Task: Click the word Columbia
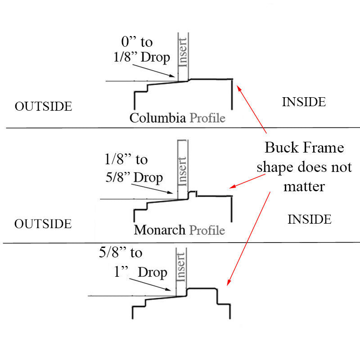[157, 118]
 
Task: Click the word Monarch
[160, 230]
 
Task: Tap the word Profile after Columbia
[207, 118]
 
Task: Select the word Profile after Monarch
[207, 230]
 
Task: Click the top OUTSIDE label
[43, 106]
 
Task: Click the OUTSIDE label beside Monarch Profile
[43, 224]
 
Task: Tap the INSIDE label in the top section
[304, 102]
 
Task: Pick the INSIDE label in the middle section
[310, 220]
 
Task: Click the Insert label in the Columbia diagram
[183, 50]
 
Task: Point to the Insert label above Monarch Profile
[183, 170]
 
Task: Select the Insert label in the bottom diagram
[181, 269]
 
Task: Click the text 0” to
[137, 42]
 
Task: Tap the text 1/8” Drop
[141, 57]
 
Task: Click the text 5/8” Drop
[134, 177]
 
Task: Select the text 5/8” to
[120, 253]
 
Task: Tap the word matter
[304, 186]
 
